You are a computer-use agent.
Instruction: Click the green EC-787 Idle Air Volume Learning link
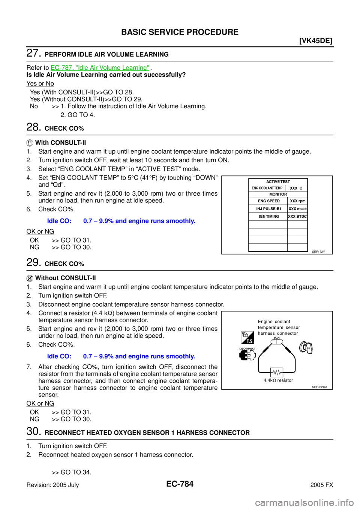100,68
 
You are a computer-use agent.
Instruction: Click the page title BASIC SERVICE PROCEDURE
180,32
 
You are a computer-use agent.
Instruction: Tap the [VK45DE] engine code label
316,41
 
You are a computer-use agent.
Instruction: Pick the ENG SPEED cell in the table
268,201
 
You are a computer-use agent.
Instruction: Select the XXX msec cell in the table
297,209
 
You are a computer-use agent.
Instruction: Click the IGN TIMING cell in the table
268,216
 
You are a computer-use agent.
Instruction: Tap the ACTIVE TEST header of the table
278,181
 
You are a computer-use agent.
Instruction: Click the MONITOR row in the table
278,194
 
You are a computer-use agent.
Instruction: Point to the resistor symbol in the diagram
277,373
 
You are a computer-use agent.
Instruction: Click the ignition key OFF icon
306,347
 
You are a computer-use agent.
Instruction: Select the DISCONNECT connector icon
247,354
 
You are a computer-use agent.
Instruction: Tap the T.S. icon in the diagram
247,337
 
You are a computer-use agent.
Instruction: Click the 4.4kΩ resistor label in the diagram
278,380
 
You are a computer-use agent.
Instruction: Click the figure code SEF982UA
319,387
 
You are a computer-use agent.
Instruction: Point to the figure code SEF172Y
318,252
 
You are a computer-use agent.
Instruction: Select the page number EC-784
180,484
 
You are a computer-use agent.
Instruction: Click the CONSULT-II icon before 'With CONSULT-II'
30,143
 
